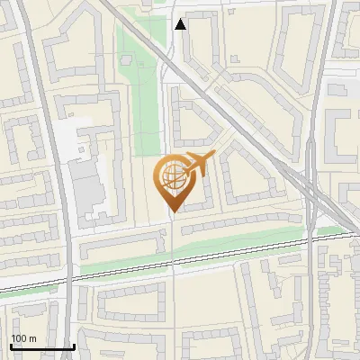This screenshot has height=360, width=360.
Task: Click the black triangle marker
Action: pyautogui.click(x=182, y=24)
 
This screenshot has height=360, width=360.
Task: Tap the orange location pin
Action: pyautogui.click(x=174, y=180)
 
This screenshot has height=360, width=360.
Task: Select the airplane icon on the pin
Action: pyautogui.click(x=198, y=165)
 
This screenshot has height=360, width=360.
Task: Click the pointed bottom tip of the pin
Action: pyautogui.click(x=174, y=212)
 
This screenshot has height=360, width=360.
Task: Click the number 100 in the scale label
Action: pyautogui.click(x=19, y=338)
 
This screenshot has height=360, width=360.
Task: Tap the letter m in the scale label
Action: pyautogui.click(x=32, y=338)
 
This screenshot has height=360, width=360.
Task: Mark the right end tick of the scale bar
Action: pyautogui.click(x=74, y=346)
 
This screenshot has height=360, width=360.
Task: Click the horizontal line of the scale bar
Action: pyautogui.click(x=41, y=347)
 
